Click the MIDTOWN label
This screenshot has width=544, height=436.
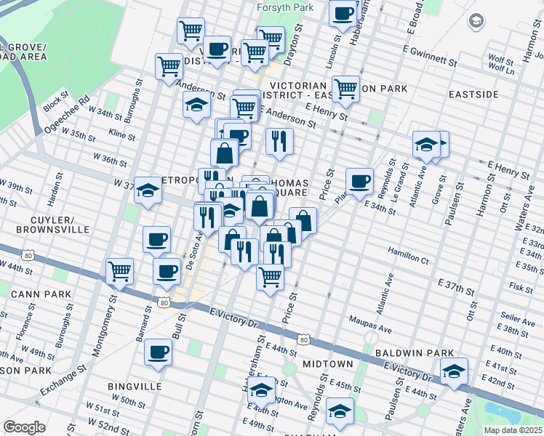coord(328,363)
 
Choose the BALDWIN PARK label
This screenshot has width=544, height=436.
coord(415,352)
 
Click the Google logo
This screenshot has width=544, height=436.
coord(24,427)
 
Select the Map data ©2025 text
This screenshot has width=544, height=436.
coord(513,430)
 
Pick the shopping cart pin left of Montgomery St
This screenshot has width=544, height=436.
coord(120,272)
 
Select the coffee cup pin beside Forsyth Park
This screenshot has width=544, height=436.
coord(343,13)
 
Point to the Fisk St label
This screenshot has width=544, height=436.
coord(521,288)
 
